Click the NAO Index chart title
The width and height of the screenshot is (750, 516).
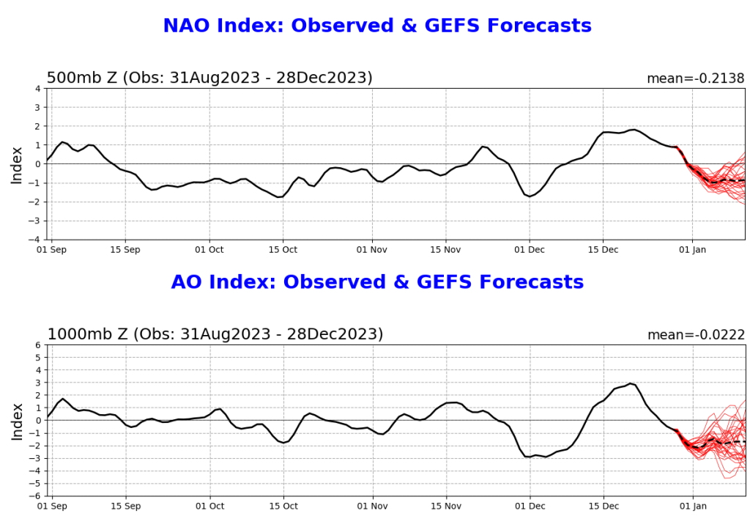click(377, 26)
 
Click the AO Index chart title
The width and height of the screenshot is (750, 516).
click(377, 282)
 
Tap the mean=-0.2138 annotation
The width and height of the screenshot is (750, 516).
click(695, 78)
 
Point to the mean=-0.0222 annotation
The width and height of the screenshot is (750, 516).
click(695, 335)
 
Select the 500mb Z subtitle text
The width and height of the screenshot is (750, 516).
click(209, 78)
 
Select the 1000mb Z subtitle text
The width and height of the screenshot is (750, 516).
click(215, 334)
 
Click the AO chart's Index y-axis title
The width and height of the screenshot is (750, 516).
click(17, 420)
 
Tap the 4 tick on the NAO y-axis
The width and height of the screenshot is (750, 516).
click(37, 89)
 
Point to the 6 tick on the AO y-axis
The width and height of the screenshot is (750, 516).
click(37, 345)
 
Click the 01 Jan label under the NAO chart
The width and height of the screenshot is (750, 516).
click(692, 250)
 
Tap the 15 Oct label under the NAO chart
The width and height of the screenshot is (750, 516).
click(283, 250)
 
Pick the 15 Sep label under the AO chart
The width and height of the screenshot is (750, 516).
click(125, 506)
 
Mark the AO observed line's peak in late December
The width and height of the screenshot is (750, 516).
click(630, 383)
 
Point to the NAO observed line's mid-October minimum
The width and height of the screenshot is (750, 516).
click(279, 197)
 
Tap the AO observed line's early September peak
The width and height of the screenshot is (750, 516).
click(63, 399)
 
